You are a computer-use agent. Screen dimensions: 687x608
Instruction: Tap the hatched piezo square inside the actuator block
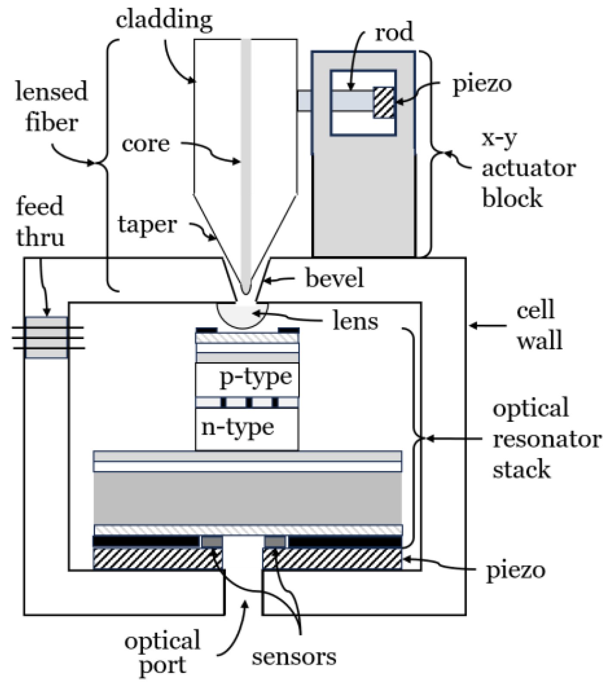pyautogui.click(x=384, y=103)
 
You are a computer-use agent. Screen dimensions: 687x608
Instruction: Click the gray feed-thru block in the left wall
pyautogui.click(x=47, y=337)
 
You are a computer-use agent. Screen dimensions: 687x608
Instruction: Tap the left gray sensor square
pyautogui.click(x=212, y=541)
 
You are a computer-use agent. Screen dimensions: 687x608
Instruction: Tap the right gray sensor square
pyautogui.click(x=275, y=541)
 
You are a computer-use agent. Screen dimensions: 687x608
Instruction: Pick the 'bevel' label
pyautogui.click(x=334, y=278)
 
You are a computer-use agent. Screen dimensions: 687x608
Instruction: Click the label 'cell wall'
pyautogui.click(x=539, y=325)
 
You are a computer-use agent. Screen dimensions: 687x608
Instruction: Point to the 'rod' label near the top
pyautogui.click(x=393, y=32)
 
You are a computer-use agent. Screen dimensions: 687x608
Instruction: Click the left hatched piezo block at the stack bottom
pyautogui.click(x=158, y=559)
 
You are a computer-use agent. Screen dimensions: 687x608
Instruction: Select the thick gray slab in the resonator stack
pyautogui.click(x=248, y=498)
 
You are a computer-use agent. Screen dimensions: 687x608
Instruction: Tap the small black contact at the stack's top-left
pyautogui.click(x=206, y=330)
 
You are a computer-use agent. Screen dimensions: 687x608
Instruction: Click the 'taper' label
pyautogui.click(x=147, y=224)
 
